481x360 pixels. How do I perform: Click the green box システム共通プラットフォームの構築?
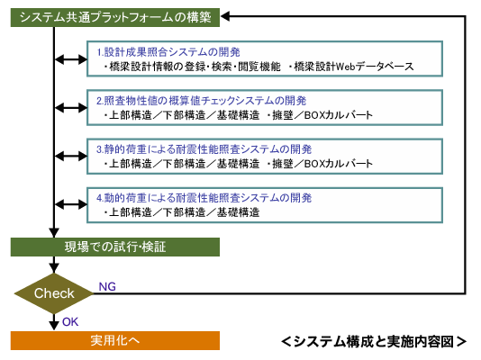pyautogui.click(x=115, y=17)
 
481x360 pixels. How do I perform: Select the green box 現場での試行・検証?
pyautogui.click(x=115, y=247)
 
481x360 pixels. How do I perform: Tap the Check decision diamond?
pyautogui.click(x=54, y=293)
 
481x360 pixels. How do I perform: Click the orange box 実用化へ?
pyautogui.click(x=115, y=340)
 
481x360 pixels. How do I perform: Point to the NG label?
pyautogui.click(x=107, y=287)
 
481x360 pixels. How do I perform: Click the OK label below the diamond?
pyautogui.click(x=70, y=322)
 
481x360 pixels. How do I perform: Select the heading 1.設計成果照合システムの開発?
pyautogui.click(x=168, y=52)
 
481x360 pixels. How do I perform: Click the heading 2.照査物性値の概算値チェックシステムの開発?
pyautogui.click(x=201, y=101)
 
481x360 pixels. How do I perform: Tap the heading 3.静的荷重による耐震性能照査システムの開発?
pyautogui.click(x=204, y=149)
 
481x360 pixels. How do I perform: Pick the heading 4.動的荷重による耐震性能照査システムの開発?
pyautogui.click(x=204, y=198)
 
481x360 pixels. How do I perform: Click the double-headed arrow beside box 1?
pyautogui.click(x=71, y=59)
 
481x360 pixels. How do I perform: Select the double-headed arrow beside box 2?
pyautogui.click(x=71, y=108)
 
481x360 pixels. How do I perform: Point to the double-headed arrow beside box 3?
pyautogui.click(x=71, y=157)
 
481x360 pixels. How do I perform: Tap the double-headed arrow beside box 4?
pyautogui.click(x=71, y=204)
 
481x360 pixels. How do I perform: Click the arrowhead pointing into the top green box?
pyautogui.click(x=225, y=16)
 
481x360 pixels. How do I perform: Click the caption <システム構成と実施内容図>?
pyautogui.click(x=374, y=342)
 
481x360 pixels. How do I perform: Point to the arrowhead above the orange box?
pyautogui.click(x=54, y=325)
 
